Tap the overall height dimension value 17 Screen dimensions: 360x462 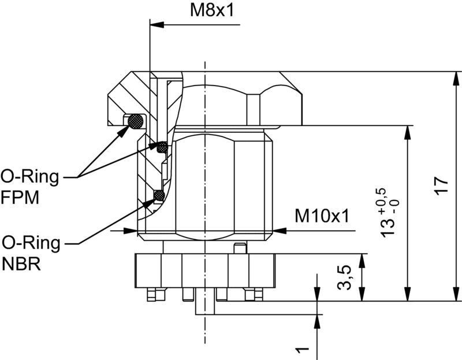pos(442,187)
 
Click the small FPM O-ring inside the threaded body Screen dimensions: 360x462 pos(163,147)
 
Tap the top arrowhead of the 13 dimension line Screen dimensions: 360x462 pos(408,131)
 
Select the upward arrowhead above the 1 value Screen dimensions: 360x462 pos(317,321)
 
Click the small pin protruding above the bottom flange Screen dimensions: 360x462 pos(237,248)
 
